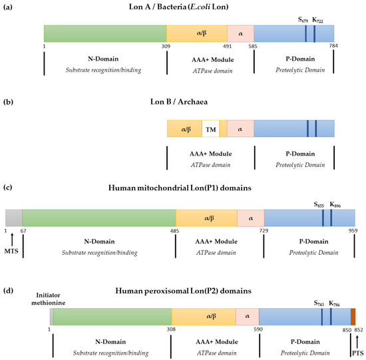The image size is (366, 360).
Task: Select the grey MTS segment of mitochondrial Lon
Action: point(14,218)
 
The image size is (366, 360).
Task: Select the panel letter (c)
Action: point(8,188)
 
